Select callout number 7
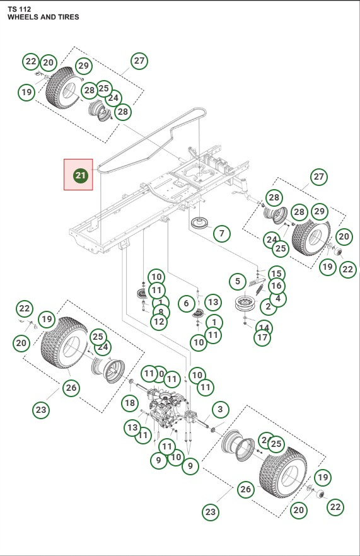[221, 234]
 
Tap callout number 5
[237, 281]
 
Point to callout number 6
[185, 304]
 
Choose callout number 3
[219, 410]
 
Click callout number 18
[129, 403]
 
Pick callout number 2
[269, 307]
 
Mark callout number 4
[277, 298]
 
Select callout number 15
[276, 274]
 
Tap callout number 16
[276, 286]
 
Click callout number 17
[262, 337]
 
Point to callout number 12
[159, 321]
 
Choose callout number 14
[264, 328]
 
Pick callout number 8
[161, 312]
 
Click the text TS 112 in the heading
[19, 8]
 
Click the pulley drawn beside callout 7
[200, 224]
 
